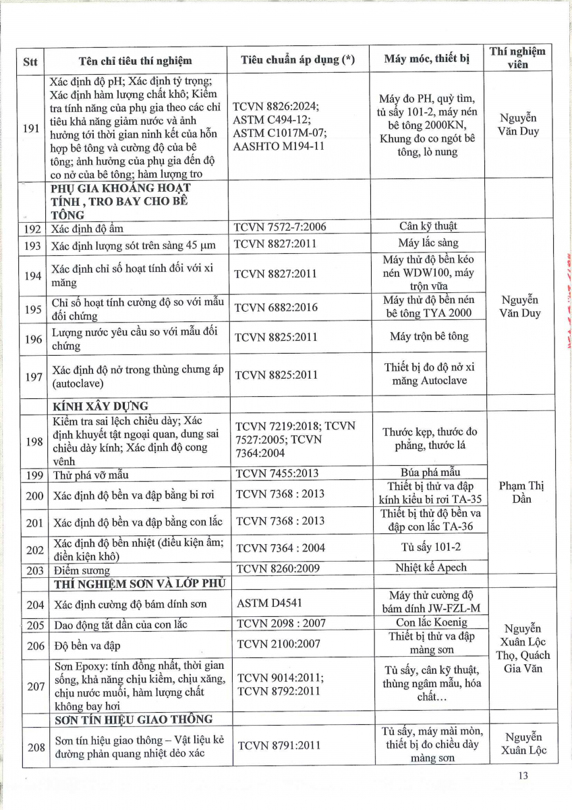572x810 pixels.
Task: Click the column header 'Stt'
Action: [30, 61]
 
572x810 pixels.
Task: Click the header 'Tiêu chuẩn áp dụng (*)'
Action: [297, 60]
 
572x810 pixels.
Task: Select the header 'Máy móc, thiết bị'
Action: [426, 59]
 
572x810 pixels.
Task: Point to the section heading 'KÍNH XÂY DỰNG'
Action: [99, 406]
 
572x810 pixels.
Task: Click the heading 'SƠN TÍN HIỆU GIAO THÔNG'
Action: [132, 719]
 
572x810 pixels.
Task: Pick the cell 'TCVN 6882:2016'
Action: [275, 307]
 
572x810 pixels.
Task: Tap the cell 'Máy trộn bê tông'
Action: [428, 336]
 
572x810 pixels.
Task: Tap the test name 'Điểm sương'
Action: [81, 571]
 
